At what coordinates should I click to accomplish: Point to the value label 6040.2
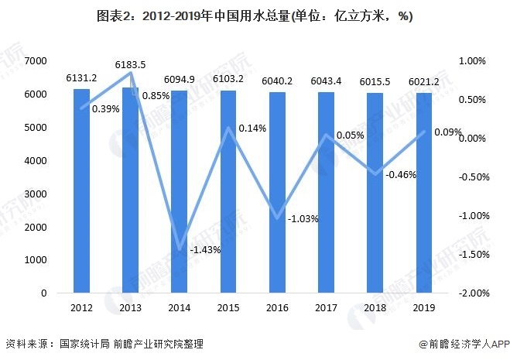click(276, 80)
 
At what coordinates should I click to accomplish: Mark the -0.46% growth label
click(400, 174)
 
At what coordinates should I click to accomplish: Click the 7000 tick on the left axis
click(35, 61)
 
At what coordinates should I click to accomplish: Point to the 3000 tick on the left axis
click(35, 194)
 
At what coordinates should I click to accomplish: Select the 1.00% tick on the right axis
click(471, 61)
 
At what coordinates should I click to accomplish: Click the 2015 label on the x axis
click(228, 307)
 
